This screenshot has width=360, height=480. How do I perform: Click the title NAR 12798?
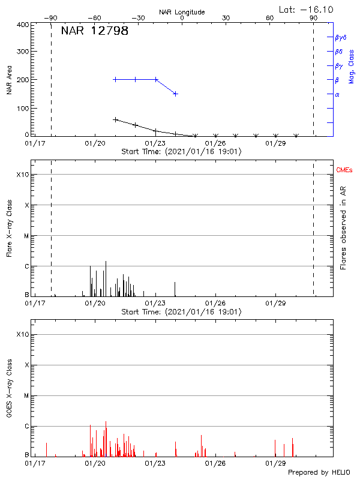click(x=94, y=31)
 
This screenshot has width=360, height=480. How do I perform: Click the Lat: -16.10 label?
click(x=307, y=9)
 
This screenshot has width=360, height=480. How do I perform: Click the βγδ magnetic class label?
click(x=341, y=37)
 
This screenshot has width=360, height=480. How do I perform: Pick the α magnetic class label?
click(x=337, y=94)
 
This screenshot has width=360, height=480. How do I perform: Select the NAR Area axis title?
click(x=9, y=81)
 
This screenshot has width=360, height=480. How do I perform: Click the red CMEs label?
click(x=345, y=171)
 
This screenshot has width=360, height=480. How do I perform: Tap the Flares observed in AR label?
click(x=343, y=227)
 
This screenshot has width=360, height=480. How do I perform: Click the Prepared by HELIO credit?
click(x=319, y=472)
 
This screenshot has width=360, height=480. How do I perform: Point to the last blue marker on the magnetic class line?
click(x=175, y=94)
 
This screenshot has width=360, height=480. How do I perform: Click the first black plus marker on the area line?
click(x=115, y=119)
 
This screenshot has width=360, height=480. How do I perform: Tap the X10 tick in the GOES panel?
click(x=22, y=334)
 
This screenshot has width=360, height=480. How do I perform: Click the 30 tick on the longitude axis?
click(x=226, y=19)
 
